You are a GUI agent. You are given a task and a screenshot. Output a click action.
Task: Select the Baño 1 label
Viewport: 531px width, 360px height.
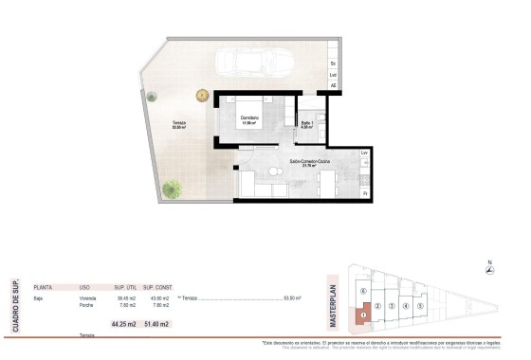pyautogui.click(x=307, y=124)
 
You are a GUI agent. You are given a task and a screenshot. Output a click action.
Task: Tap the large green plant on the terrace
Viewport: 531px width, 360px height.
pyautogui.click(x=173, y=189)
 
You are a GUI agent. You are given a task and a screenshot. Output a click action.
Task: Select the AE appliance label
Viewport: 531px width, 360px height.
pyautogui.click(x=333, y=85)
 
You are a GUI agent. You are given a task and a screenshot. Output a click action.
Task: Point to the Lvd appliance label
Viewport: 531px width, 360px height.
pyautogui.click(x=333, y=74)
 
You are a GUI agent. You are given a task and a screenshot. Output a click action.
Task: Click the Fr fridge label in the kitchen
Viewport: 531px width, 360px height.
pyautogui.click(x=364, y=193)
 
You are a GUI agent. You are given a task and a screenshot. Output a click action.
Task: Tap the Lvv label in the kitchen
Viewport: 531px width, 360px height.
pyautogui.click(x=364, y=153)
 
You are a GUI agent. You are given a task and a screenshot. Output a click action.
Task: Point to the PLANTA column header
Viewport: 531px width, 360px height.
pyautogui.click(x=43, y=286)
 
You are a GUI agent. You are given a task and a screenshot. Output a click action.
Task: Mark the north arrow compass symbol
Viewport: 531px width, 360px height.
pyautogui.click(x=488, y=270)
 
